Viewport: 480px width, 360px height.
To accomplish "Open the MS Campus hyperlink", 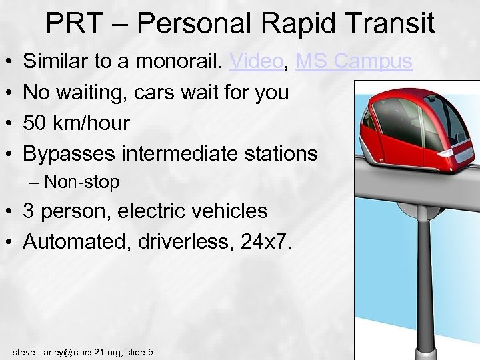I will coord(353,62).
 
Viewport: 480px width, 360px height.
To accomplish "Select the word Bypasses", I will coord(69,153).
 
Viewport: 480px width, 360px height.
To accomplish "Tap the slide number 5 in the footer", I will coord(150,351).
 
